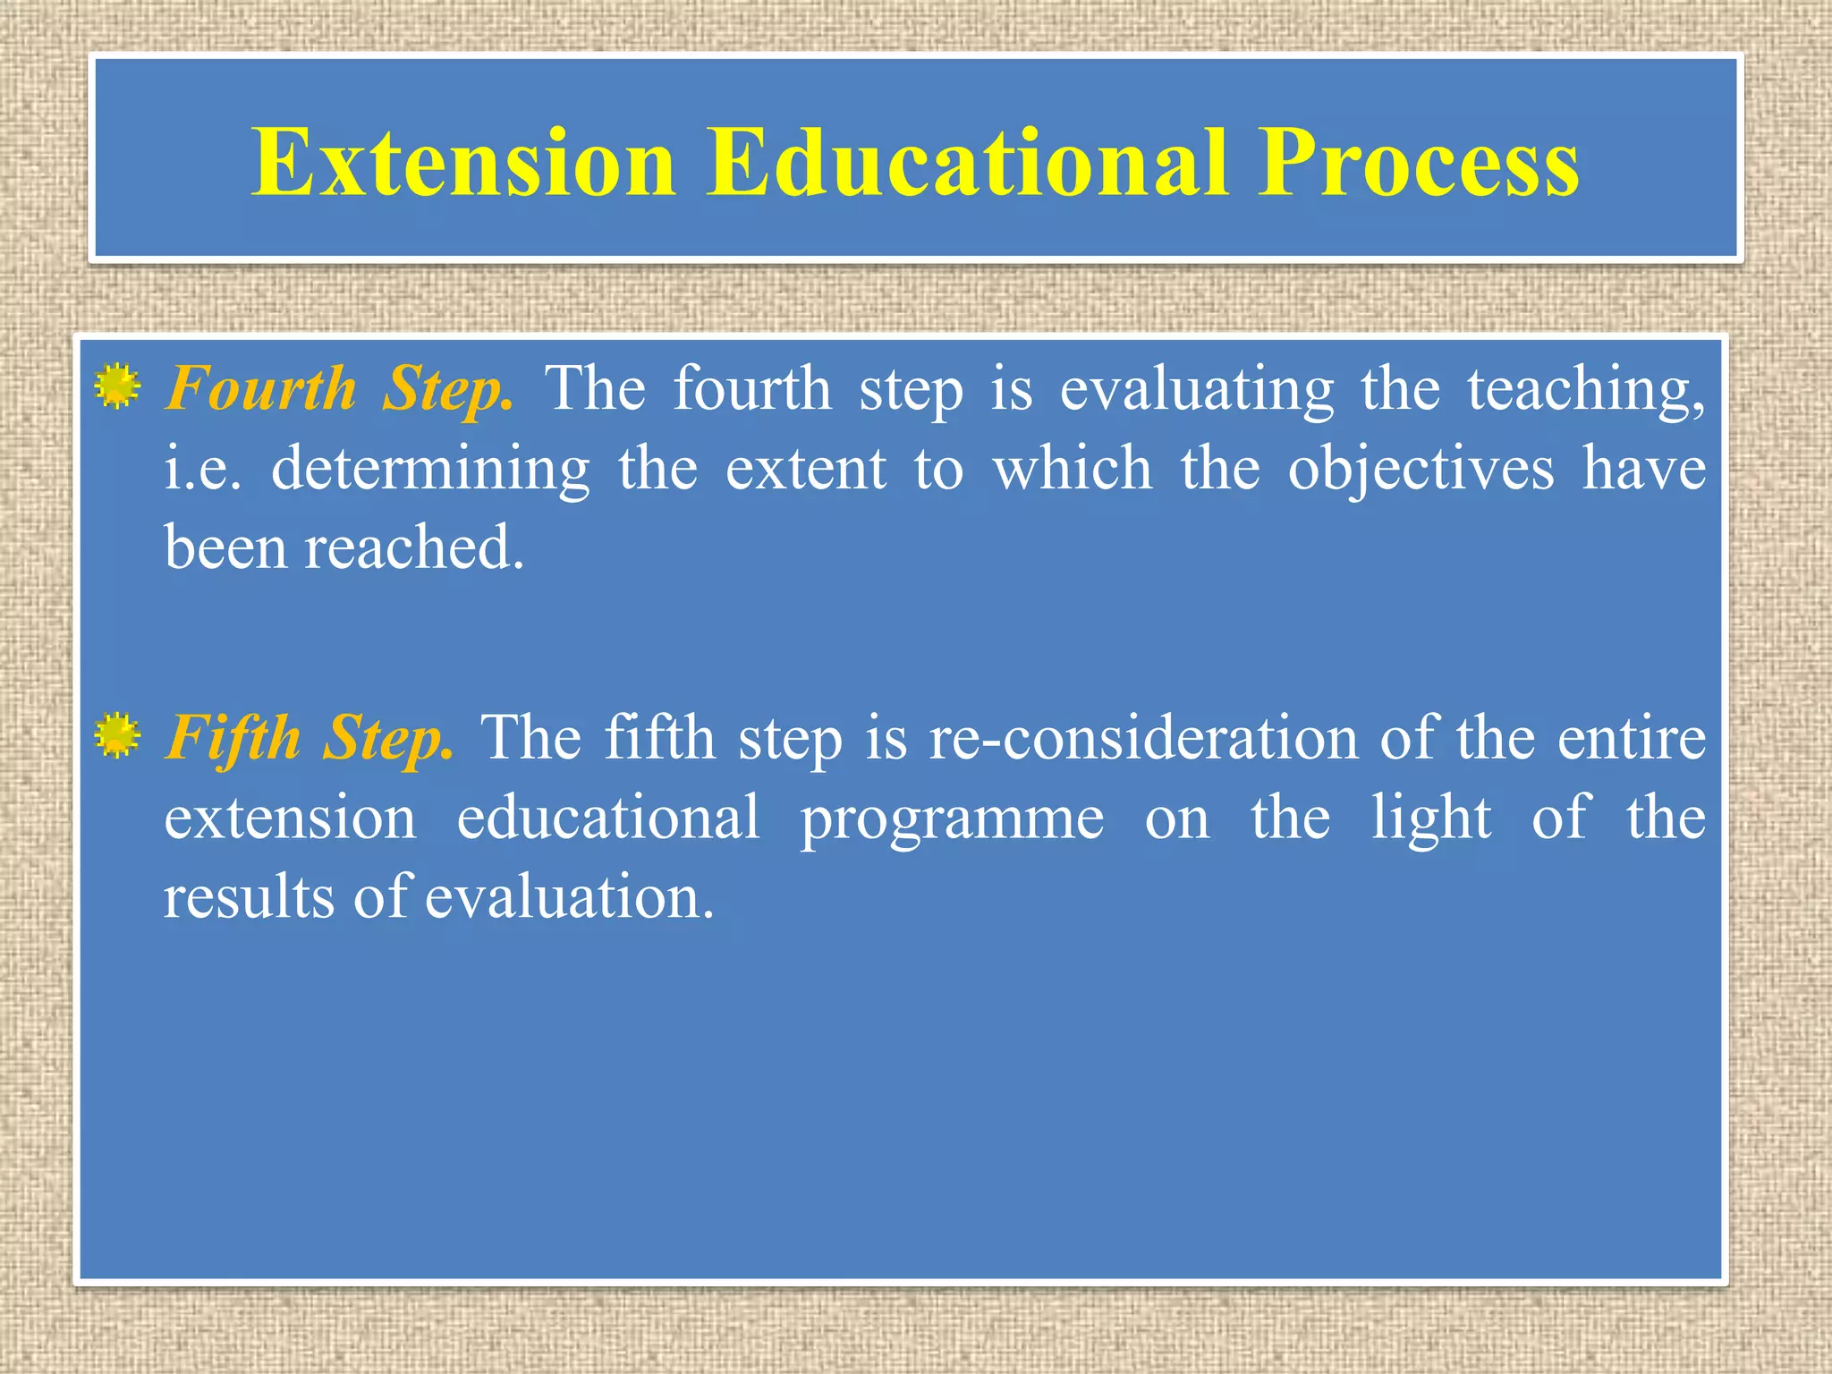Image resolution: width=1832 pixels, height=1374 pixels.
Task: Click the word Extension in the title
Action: [x=462, y=163]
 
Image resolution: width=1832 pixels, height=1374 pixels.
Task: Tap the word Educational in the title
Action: [x=967, y=163]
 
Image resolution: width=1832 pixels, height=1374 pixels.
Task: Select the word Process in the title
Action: [x=1418, y=163]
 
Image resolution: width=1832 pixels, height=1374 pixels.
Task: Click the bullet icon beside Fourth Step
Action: [x=117, y=387]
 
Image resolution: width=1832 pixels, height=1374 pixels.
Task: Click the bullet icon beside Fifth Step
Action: [x=117, y=736]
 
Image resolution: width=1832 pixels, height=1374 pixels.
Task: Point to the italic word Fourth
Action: [x=262, y=389]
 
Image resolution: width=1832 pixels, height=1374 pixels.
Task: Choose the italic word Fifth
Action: [x=234, y=739]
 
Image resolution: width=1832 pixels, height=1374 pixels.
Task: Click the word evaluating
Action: [x=1196, y=390]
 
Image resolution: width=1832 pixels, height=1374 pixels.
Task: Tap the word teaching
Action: [x=1584, y=390]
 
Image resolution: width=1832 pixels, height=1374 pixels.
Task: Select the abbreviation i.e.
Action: [x=202, y=469]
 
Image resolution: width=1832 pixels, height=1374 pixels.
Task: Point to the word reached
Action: [x=414, y=547]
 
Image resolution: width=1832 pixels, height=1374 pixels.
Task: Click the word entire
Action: [x=1631, y=739]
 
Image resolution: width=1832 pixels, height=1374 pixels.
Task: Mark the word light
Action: [x=1431, y=818]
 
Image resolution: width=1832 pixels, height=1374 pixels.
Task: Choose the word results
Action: [x=249, y=897]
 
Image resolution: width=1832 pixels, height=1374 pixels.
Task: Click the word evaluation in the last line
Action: [x=570, y=897]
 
